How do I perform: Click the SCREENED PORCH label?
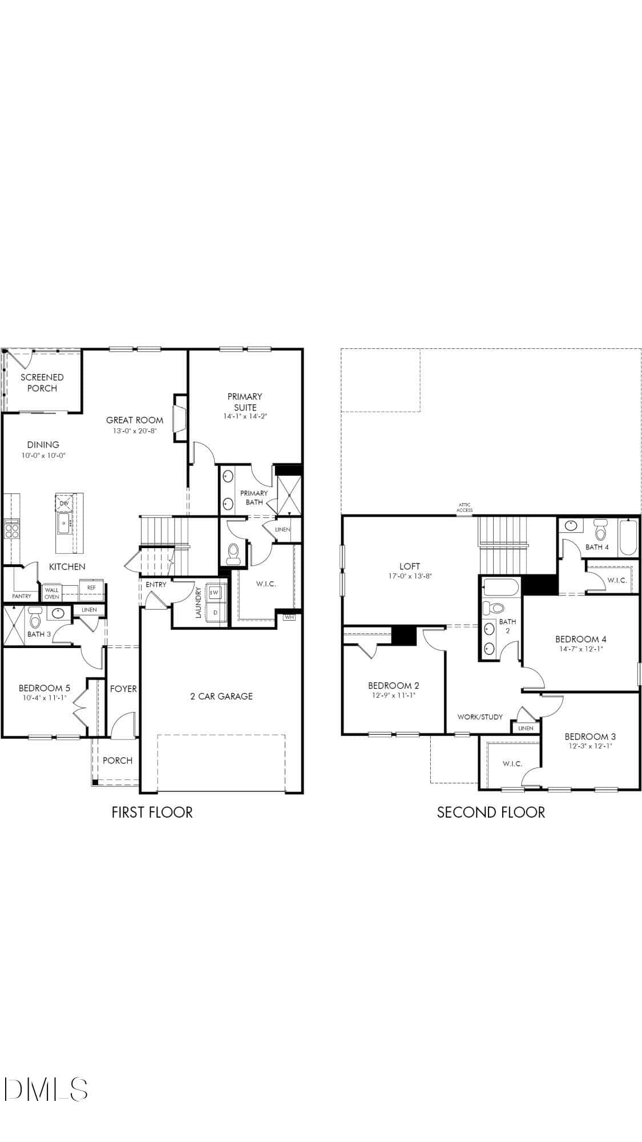pos(42,383)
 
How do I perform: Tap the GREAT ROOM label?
pos(135,420)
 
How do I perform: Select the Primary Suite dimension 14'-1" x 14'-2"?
pos(245,417)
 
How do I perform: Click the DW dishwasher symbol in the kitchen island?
pos(64,503)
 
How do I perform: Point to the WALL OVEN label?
pos(52,593)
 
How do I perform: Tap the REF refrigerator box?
pos(91,588)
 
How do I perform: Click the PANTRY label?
pos(22,596)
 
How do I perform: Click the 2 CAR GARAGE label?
pos(221,696)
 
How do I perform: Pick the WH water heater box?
pos(289,617)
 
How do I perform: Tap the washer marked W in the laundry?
pos(215,593)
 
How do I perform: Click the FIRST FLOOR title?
pos(152,812)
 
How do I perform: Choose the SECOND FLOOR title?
pos(491,812)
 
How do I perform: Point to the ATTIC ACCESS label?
pos(465,507)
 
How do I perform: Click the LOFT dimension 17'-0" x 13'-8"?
pos(410,576)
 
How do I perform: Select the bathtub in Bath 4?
pos(627,537)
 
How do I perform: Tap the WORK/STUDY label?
pos(480,717)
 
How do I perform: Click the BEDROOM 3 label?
pos(590,737)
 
